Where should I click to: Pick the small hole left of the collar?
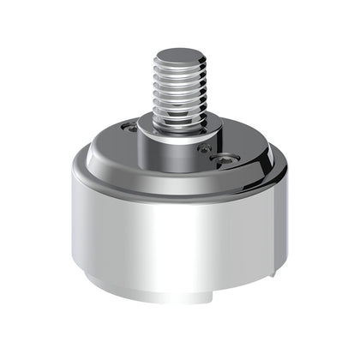[129, 128]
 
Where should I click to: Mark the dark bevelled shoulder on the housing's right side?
[273, 171]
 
